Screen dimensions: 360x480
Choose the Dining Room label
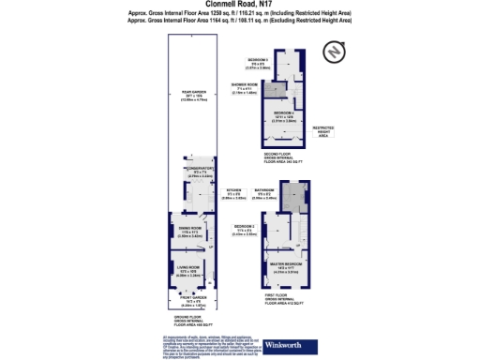(x=192, y=231)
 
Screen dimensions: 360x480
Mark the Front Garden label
(x=193, y=304)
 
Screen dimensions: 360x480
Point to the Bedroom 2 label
(x=246, y=230)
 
